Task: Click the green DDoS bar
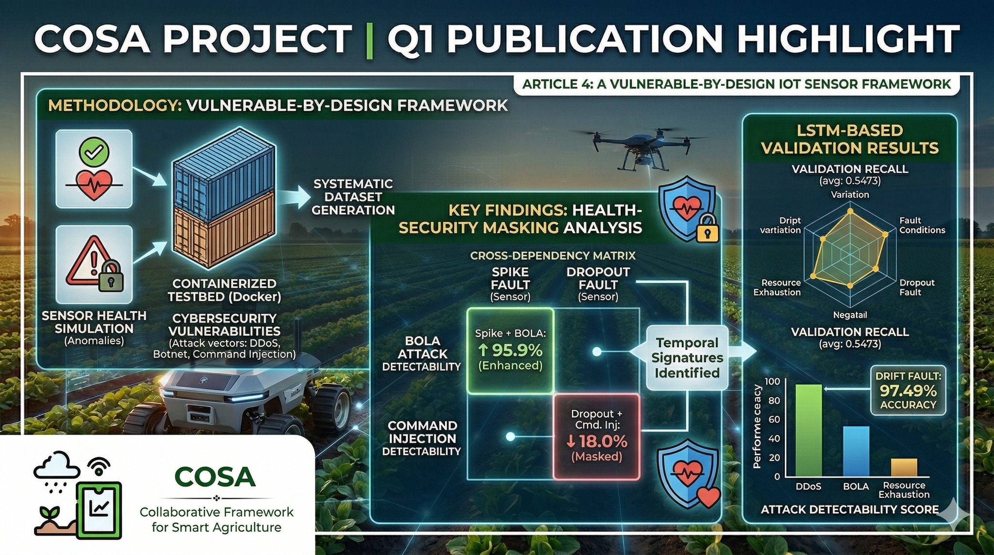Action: click(x=809, y=430)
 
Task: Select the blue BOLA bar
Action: click(x=856, y=452)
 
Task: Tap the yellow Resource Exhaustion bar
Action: click(x=904, y=468)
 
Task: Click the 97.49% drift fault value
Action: click(x=908, y=391)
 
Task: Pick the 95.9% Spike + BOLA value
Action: click(x=510, y=350)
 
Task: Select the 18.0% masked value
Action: click(x=596, y=441)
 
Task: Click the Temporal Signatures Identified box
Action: click(x=687, y=358)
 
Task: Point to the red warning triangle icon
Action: click(x=89, y=260)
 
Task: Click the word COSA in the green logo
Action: click(x=215, y=477)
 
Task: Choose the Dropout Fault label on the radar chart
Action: click(x=917, y=287)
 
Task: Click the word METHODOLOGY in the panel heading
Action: click(x=115, y=105)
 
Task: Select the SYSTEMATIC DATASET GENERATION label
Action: click(x=353, y=197)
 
